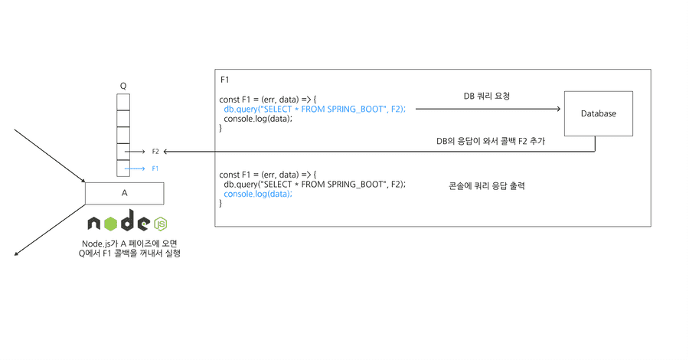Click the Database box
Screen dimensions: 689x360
pos(598,113)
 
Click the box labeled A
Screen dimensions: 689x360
pos(124,193)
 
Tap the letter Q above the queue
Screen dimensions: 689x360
pos(123,86)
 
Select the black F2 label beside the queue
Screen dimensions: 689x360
pos(155,152)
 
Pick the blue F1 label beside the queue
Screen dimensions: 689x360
pos(155,169)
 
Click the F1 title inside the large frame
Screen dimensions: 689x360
pos(224,80)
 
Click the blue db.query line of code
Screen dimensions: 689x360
pos(314,110)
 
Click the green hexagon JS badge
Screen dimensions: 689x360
pos(161,224)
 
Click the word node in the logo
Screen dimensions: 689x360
pos(119,222)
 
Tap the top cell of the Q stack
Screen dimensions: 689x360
pos(123,102)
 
